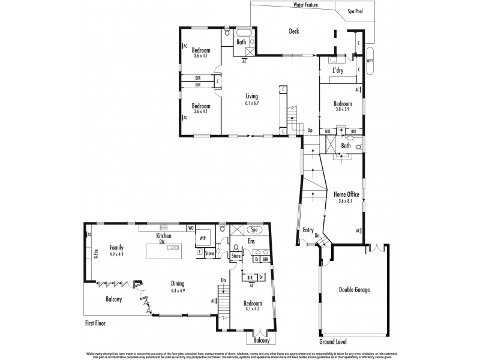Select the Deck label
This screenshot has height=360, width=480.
click(x=293, y=31)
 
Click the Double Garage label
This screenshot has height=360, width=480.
click(x=353, y=290)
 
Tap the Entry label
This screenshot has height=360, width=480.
click(x=308, y=230)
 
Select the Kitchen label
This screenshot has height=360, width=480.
click(x=164, y=236)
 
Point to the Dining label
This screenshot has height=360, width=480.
click(x=177, y=284)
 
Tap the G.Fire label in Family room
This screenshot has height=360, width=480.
click(x=96, y=254)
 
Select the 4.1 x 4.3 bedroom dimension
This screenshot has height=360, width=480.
click(x=252, y=309)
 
